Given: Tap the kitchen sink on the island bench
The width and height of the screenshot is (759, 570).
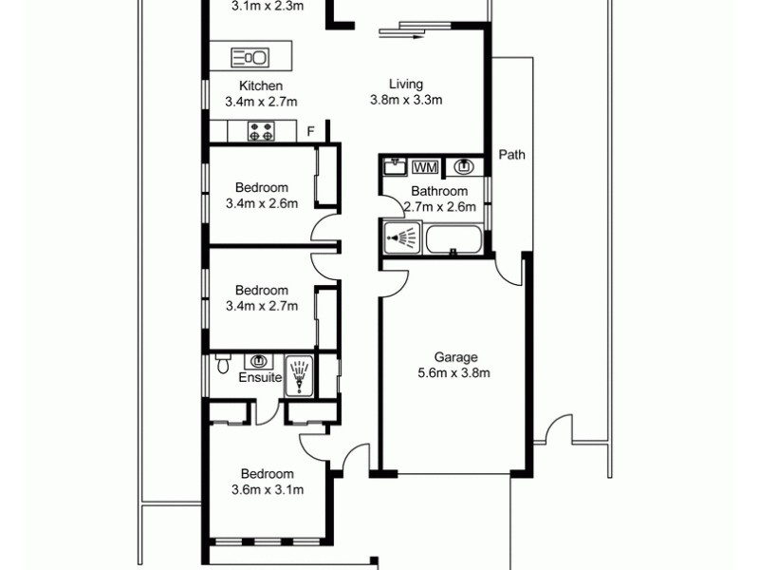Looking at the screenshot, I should (x=250, y=57).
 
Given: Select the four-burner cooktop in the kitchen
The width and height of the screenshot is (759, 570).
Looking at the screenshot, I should (x=261, y=132).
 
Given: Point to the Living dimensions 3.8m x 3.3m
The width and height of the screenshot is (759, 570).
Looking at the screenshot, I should (x=407, y=99).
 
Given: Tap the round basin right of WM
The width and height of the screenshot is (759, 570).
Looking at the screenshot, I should (x=464, y=167).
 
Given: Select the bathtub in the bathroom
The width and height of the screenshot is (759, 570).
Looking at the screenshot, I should (x=454, y=238).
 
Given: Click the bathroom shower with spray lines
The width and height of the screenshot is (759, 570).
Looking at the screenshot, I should (x=402, y=237).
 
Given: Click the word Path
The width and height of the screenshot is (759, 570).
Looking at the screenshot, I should (x=511, y=155).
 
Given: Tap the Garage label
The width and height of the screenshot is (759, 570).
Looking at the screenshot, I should (x=455, y=357).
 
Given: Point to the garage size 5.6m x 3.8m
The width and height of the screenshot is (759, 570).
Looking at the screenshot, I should (x=455, y=372).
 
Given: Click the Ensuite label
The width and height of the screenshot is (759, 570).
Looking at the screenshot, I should (x=260, y=377).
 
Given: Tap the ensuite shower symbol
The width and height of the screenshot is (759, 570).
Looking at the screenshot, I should (x=299, y=374).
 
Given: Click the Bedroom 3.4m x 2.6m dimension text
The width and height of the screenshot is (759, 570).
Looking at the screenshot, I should (x=262, y=203).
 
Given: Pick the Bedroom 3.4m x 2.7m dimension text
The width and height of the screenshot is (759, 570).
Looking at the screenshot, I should (x=262, y=306).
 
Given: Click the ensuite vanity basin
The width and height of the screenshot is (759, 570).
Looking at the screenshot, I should (x=258, y=362).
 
